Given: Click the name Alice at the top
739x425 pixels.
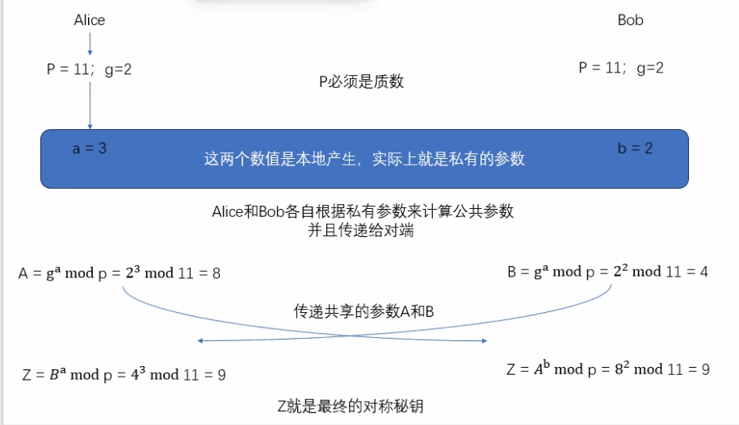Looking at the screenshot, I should (x=89, y=20).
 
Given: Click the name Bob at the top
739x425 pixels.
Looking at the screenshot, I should (x=630, y=20).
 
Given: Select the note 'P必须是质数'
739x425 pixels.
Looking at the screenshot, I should (x=361, y=81).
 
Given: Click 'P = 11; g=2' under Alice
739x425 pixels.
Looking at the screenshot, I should (x=89, y=69).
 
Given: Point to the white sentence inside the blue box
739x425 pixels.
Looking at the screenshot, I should (x=364, y=159).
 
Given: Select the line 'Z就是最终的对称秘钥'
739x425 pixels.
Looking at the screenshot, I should (x=350, y=406).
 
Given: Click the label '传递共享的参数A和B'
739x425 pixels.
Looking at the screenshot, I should (x=363, y=311).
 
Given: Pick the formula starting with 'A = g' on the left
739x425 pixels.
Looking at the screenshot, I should (x=120, y=273).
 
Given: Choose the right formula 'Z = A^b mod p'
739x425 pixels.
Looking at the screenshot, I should (x=608, y=369).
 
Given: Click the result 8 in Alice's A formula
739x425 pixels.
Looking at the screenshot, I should (x=216, y=273).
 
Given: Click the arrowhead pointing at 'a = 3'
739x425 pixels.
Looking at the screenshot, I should (x=90, y=126).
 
